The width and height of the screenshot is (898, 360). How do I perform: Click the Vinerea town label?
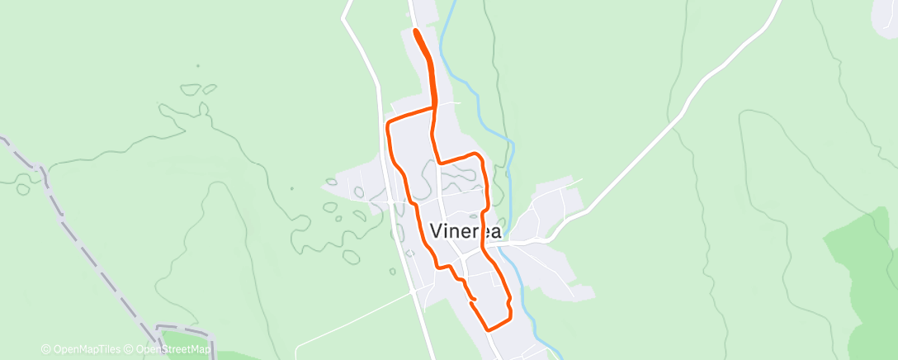[x=466, y=231]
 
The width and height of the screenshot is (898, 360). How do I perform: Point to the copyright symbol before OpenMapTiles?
[x=45, y=349]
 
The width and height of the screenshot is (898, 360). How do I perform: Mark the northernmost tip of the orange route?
[x=414, y=31]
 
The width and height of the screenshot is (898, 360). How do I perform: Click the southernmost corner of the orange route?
[x=489, y=329]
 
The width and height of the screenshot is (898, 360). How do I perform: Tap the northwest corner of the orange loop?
[x=389, y=123]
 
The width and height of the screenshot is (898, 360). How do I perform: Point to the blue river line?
[x=511, y=157]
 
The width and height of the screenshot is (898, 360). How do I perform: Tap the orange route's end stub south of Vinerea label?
[x=473, y=297]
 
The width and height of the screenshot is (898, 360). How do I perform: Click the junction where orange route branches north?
[x=433, y=107]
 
